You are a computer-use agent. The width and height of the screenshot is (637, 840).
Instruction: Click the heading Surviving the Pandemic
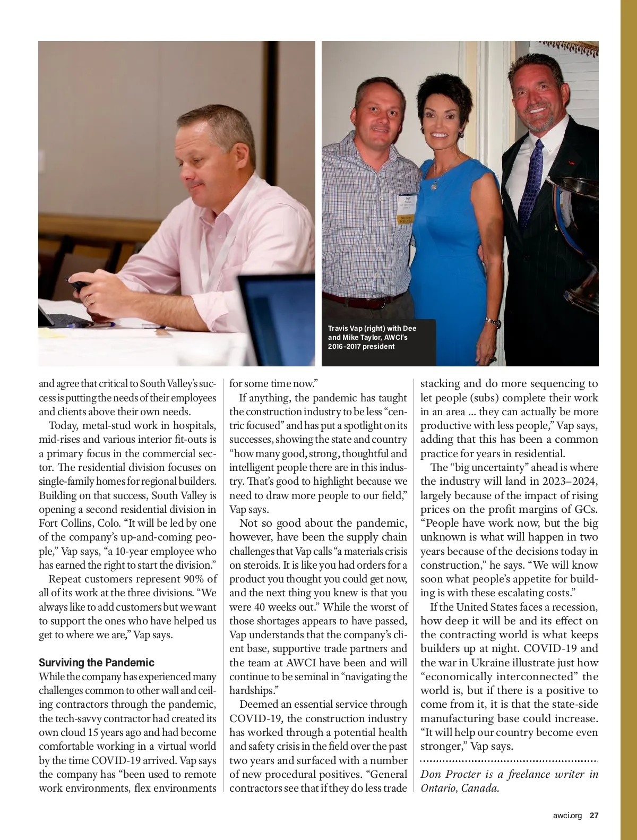[96, 663]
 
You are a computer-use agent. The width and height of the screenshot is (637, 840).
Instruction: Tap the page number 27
[594, 816]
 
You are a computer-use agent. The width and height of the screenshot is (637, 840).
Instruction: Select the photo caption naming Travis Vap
[372, 337]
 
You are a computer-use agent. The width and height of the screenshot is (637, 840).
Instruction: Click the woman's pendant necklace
[435, 185]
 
